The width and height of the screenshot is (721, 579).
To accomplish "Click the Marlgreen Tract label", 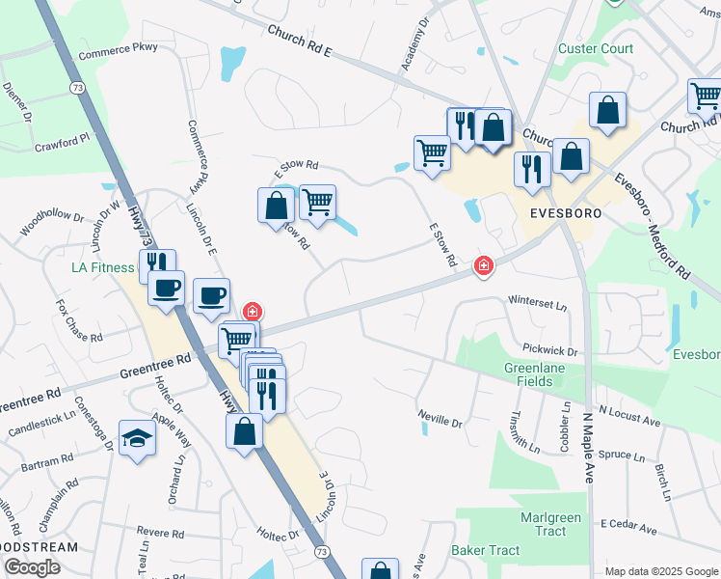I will click(550, 524).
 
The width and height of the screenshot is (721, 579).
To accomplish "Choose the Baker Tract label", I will click(485, 551).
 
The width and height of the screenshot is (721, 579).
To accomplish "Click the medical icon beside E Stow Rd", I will click(483, 265).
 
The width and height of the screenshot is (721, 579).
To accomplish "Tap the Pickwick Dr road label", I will click(549, 351).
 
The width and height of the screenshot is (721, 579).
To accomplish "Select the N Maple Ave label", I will click(586, 449).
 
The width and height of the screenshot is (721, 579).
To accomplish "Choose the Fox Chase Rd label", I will click(79, 321).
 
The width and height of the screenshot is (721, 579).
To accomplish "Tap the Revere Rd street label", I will click(160, 532).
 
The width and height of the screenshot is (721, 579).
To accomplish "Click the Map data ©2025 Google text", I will click(661, 571).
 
